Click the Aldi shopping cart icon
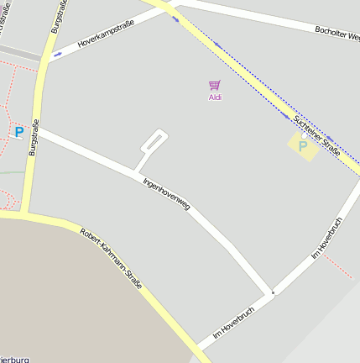215,85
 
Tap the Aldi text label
215,97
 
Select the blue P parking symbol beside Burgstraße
18,132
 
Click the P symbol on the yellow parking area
303,145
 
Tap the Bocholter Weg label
337,34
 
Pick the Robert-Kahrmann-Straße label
111,260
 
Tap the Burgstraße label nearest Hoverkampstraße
56,17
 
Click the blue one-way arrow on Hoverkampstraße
57,54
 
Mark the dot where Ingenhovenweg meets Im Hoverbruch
273,293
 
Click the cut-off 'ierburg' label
15,358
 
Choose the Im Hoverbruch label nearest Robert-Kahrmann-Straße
232,322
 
